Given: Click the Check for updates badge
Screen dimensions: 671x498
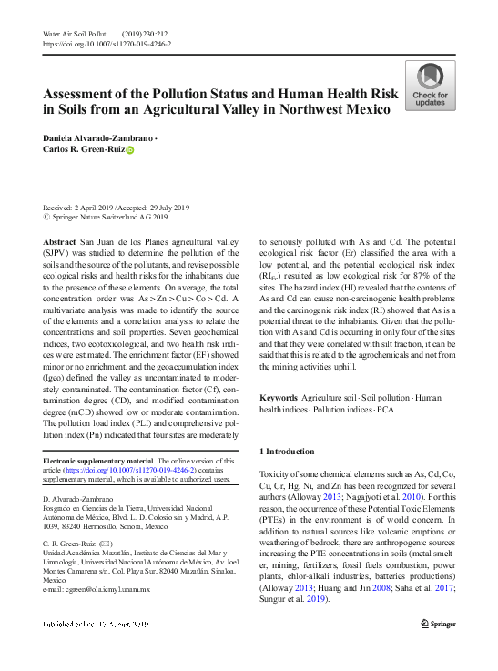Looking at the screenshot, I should click(x=430, y=86).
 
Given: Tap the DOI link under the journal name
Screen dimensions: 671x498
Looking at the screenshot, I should click(x=107, y=44).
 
